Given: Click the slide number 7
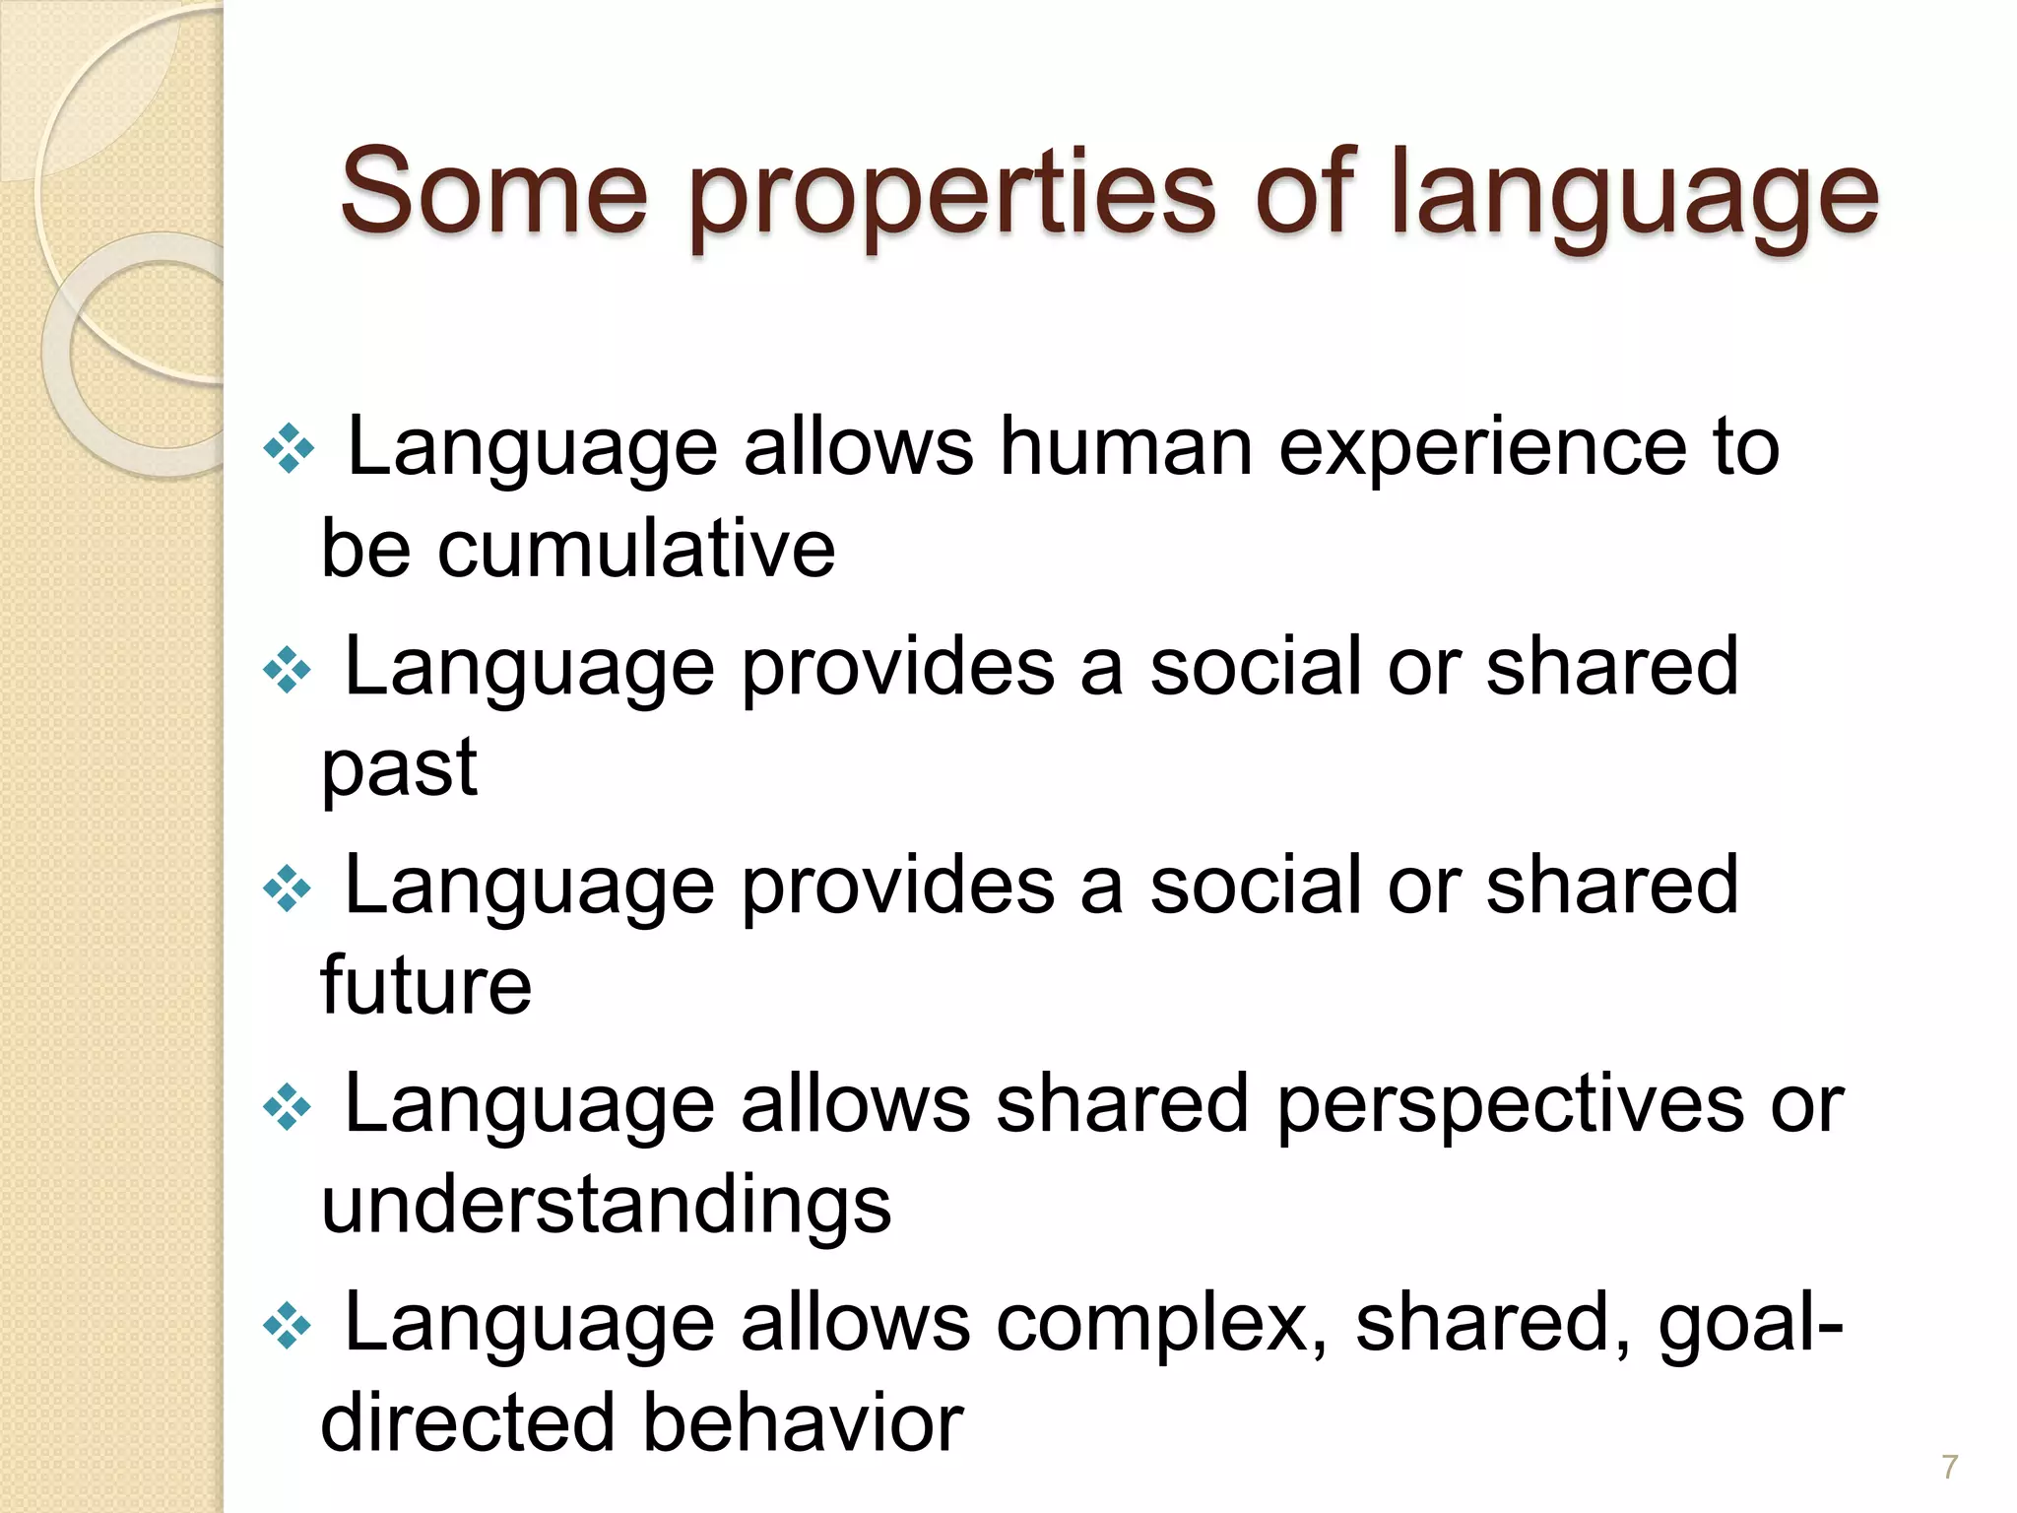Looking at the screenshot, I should pyautogui.click(x=1949, y=1467).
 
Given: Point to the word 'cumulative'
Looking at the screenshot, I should pyautogui.click(x=636, y=549).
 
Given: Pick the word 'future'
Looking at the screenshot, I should pyautogui.click(x=425, y=985).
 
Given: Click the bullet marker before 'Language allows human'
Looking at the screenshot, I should pyautogui.click(x=289, y=449).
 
